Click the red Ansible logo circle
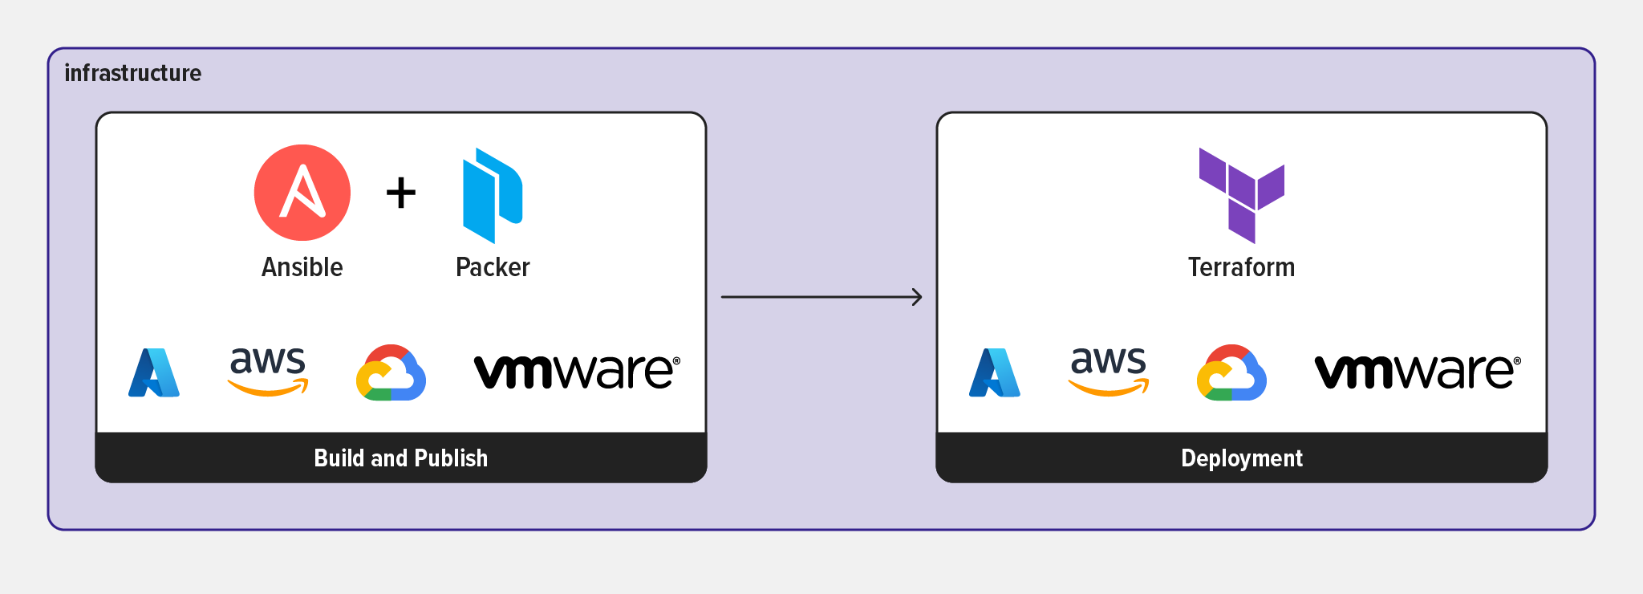302,193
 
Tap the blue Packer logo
491,195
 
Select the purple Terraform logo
1241,195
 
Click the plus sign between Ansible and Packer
401,193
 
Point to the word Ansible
302,267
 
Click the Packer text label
493,267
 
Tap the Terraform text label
1241,267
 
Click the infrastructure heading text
132,73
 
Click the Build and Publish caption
400,458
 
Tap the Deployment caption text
1241,458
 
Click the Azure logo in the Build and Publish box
154,372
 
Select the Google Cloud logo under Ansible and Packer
391,373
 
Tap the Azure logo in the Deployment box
995,372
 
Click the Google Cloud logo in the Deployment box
1231,373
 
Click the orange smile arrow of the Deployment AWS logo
1109,390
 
